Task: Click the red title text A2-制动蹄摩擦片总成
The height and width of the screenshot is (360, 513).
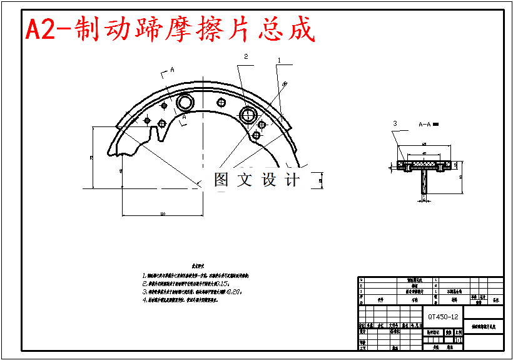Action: (169, 29)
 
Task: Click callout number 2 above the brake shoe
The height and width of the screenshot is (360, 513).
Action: (246, 56)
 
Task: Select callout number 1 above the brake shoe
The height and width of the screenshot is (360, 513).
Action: (279, 60)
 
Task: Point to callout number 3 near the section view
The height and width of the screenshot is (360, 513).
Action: (395, 124)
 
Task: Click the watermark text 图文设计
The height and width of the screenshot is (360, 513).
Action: (256, 180)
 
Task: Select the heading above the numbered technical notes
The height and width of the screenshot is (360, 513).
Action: (198, 266)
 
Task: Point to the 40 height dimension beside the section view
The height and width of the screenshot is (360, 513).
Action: (460, 177)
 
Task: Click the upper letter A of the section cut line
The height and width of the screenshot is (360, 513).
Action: (171, 71)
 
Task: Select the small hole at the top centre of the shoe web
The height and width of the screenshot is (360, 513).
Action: (220, 103)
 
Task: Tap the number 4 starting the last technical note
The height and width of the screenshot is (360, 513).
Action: (144, 300)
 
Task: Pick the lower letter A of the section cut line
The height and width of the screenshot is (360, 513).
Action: (185, 117)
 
